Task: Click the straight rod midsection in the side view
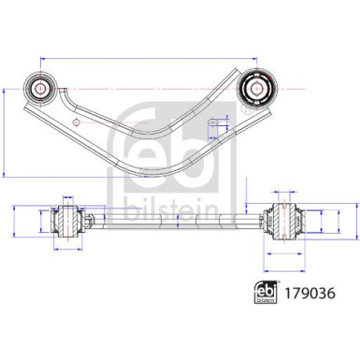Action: pos(178,221)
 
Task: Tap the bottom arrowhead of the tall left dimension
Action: pos(7,175)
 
